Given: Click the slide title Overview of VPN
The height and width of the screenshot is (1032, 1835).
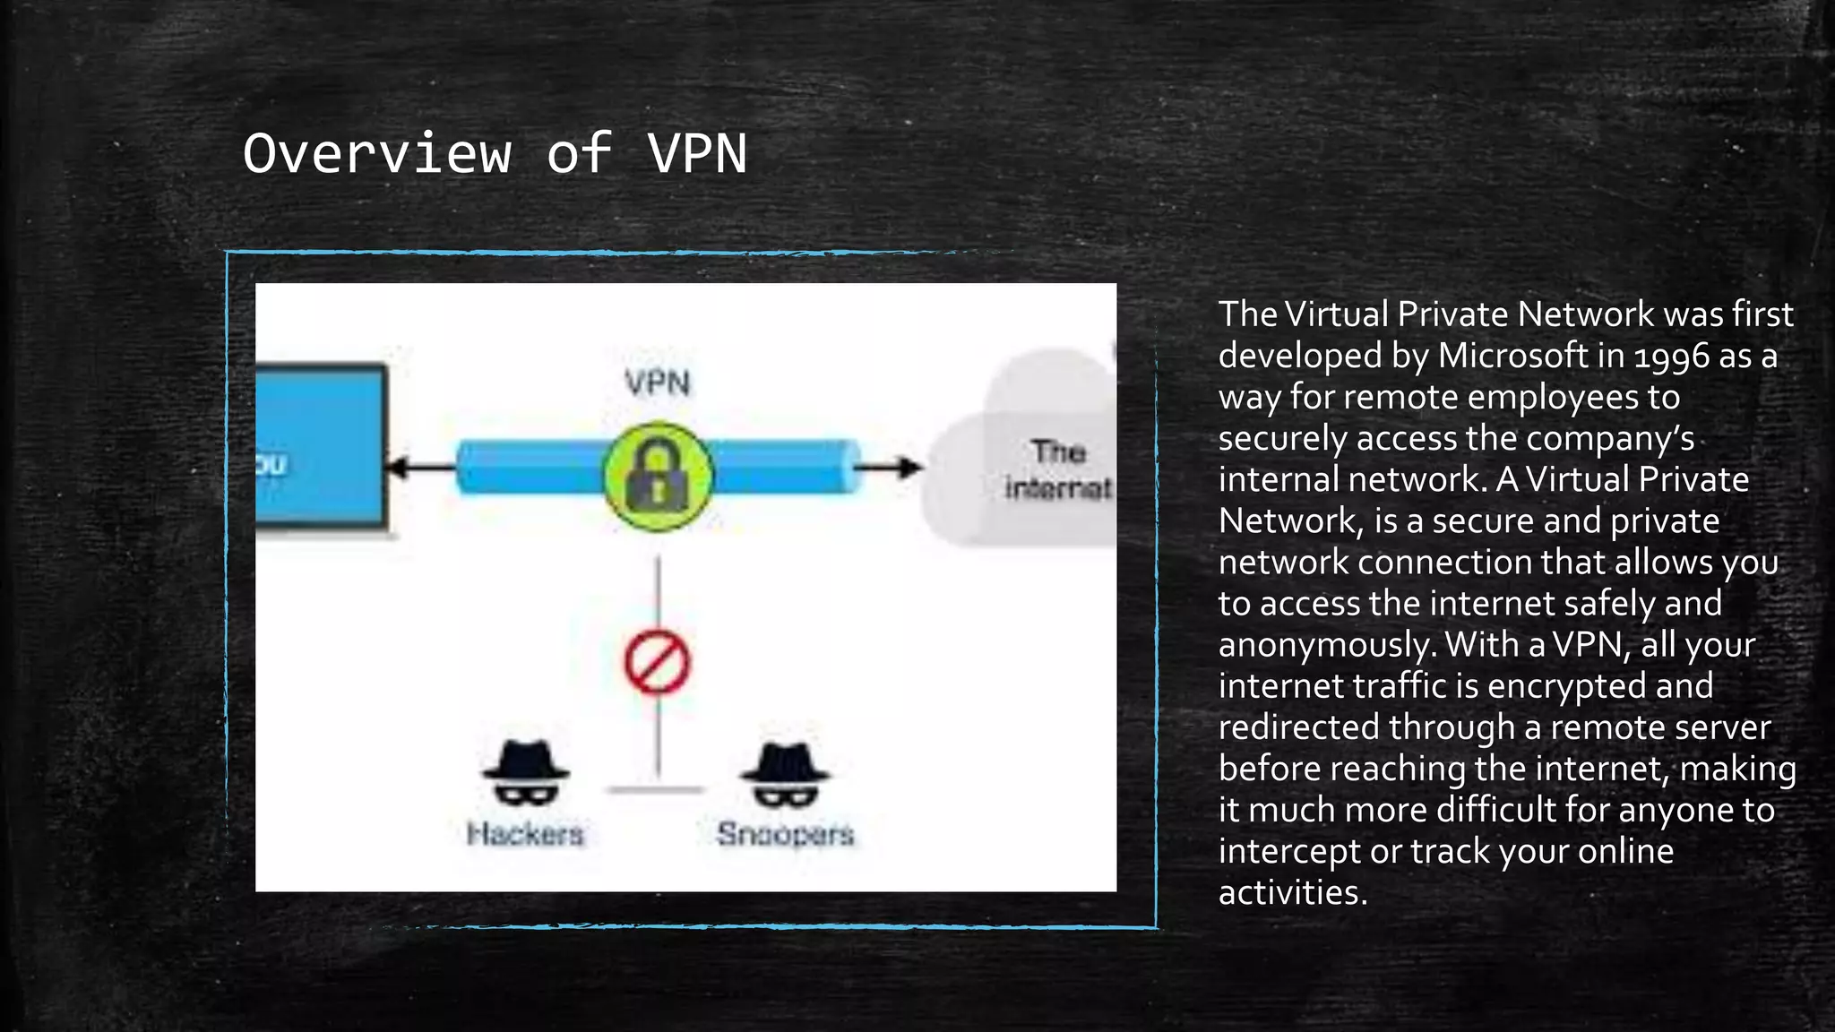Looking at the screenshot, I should coord(495,153).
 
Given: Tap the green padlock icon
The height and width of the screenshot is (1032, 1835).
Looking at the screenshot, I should coord(658,476).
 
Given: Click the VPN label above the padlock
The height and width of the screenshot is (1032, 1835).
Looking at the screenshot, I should coord(658,383).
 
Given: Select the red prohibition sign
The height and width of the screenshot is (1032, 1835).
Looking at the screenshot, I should coord(657,663).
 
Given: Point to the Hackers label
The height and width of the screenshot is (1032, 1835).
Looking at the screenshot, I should coord(525,834).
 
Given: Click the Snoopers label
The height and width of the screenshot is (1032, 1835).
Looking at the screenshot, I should coord(785,834).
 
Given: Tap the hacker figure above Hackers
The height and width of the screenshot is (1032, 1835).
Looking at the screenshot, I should coord(525,773).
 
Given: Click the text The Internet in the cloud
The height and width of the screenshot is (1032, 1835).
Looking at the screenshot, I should coord(1058,469).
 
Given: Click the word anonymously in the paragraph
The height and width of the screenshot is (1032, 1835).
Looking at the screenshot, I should coord(1327,645).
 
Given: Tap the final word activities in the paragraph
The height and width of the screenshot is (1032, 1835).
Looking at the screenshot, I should coord(1292,892).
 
